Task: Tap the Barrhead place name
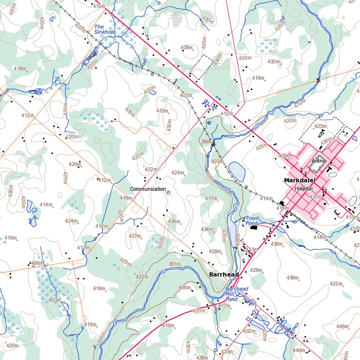[224, 274]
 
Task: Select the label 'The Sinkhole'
[105, 30]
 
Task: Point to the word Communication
[148, 189]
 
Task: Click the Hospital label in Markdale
[304, 188]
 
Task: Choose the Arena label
[318, 161]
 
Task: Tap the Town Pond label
[252, 221]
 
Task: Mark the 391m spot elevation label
[174, 264]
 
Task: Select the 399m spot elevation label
[206, 142]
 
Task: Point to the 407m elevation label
[186, 95]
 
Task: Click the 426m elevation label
[74, 164]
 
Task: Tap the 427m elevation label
[135, 236]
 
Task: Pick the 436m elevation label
[277, 244]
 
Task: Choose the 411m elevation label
[83, 247]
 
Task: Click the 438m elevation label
[202, 358]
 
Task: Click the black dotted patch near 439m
[177, 20]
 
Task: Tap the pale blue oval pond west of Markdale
[237, 172]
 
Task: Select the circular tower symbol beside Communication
[169, 191]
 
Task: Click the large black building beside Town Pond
[254, 227]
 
